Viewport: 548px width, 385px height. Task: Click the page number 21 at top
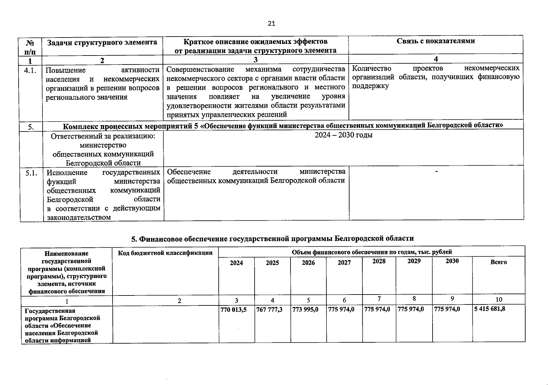(271, 23)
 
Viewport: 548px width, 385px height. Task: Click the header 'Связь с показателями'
(435, 41)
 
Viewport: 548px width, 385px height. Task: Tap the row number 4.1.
(31, 70)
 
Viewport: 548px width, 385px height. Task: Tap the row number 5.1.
(31, 173)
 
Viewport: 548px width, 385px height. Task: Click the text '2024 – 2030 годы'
(343, 135)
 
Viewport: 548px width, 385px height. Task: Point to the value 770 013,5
(233, 310)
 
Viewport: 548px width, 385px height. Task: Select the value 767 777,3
(269, 310)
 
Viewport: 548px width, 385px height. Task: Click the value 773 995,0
(305, 310)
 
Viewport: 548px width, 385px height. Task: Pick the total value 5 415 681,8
(490, 309)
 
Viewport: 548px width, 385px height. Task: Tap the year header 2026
(308, 263)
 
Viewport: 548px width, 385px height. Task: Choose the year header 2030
(452, 261)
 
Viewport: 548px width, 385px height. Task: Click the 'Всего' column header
(498, 262)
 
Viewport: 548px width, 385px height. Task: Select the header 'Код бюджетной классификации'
(165, 253)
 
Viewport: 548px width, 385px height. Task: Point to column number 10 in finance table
(499, 300)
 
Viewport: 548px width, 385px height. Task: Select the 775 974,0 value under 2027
(341, 310)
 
